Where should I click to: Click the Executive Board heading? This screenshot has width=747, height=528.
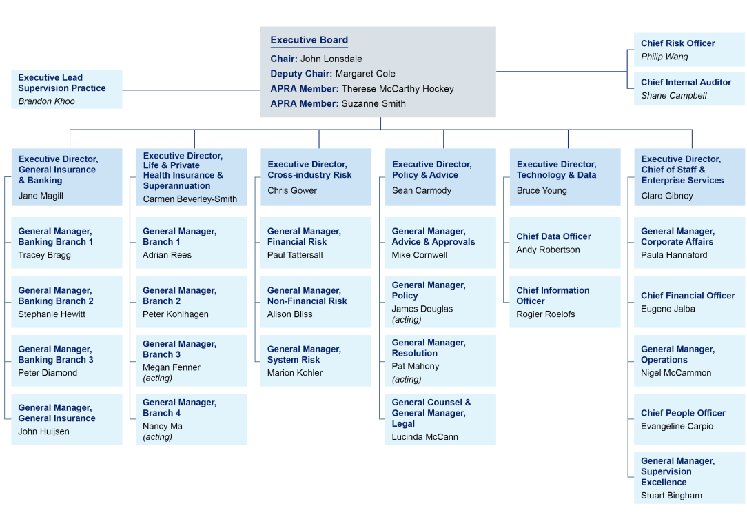(309, 41)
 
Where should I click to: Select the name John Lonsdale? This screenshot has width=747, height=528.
(331, 59)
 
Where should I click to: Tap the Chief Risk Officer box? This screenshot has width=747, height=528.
(688, 50)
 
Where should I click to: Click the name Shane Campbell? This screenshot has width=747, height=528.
(673, 96)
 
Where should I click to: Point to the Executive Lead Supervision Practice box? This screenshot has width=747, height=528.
(67, 89)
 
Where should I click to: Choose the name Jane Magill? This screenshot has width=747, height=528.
(41, 196)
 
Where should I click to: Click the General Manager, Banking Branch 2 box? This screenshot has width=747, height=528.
(67, 302)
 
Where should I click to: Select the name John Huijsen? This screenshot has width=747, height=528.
(43, 431)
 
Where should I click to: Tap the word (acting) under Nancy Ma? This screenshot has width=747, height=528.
(157, 437)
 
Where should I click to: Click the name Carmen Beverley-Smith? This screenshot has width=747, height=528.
(190, 199)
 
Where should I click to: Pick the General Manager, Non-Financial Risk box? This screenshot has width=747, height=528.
(316, 302)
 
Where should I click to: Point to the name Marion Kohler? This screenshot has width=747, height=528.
(294, 373)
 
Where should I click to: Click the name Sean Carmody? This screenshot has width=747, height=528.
(422, 191)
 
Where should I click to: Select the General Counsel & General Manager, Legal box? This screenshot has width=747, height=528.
(440, 419)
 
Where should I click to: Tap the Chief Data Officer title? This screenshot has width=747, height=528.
(553, 236)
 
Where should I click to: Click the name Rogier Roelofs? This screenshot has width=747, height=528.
(545, 314)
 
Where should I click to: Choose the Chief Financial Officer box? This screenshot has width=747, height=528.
(688, 302)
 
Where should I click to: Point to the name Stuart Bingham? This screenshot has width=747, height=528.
(671, 496)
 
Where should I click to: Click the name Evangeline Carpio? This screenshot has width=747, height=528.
(677, 426)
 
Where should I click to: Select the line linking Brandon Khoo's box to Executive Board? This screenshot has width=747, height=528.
(191, 90)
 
